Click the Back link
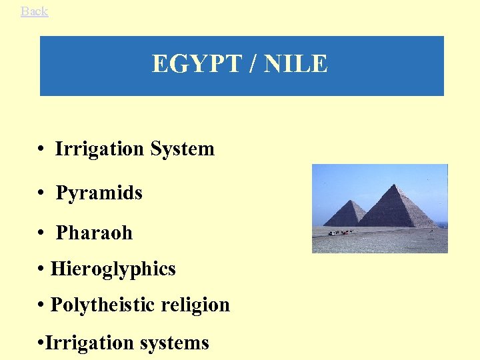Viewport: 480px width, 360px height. tap(34, 11)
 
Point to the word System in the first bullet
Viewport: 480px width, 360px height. tap(183, 149)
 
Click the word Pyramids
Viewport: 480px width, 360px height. tap(99, 193)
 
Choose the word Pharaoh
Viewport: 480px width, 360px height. tap(94, 233)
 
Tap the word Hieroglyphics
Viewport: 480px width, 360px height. tap(113, 269)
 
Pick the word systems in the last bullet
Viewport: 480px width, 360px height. tap(174, 343)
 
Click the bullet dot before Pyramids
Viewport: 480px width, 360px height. tap(41, 194)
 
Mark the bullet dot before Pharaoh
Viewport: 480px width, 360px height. tap(41, 234)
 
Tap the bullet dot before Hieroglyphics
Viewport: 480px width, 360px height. tap(41, 270)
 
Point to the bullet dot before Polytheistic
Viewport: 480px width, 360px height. tap(41, 306)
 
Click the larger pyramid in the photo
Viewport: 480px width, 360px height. tap(396, 211)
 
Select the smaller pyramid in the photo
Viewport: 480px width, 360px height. tap(345, 216)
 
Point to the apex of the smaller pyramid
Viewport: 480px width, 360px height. tap(349, 201)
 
